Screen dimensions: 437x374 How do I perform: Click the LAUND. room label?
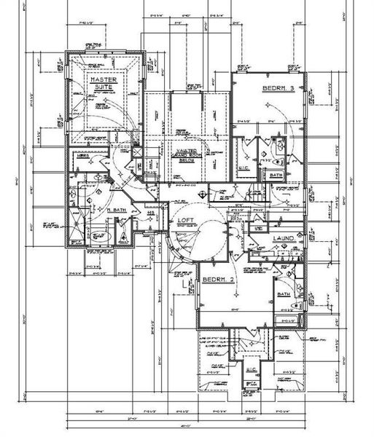[x=284, y=238]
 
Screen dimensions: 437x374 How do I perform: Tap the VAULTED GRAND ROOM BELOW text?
[x=185, y=155]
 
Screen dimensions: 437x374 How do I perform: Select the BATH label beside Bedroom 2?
[x=284, y=294]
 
